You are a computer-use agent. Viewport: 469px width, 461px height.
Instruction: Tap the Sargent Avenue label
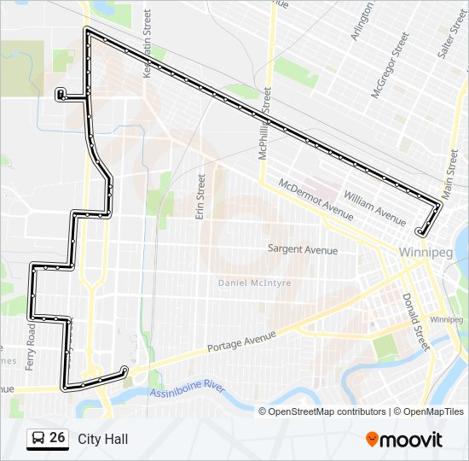pyautogui.click(x=303, y=250)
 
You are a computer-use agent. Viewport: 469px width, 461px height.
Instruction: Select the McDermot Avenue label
pyautogui.click(x=316, y=200)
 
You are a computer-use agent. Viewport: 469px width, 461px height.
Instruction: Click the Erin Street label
pyautogui.click(x=201, y=197)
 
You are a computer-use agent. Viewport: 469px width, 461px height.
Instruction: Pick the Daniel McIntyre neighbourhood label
pyautogui.click(x=254, y=283)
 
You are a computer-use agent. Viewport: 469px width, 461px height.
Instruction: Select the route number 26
pyautogui.click(x=57, y=438)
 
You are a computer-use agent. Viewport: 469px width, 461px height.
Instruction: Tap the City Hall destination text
pyautogui.click(x=102, y=439)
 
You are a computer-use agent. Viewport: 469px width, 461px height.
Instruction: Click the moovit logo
pyautogui.click(x=404, y=440)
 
